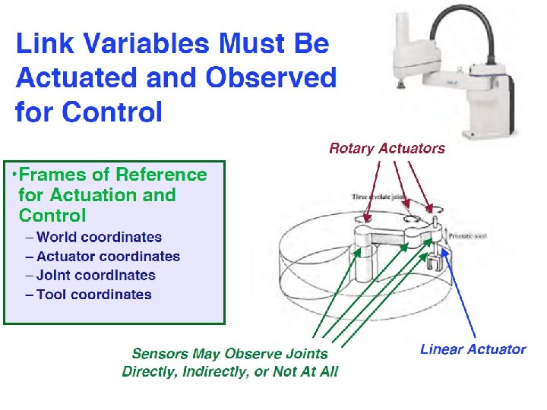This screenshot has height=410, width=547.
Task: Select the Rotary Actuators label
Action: tap(387, 148)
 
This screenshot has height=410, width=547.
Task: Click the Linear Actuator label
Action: tap(473, 349)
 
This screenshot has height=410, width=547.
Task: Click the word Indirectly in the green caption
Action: tap(223, 371)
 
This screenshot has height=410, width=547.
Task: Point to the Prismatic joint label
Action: tap(467, 236)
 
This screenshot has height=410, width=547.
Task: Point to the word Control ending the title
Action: tap(112, 112)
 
